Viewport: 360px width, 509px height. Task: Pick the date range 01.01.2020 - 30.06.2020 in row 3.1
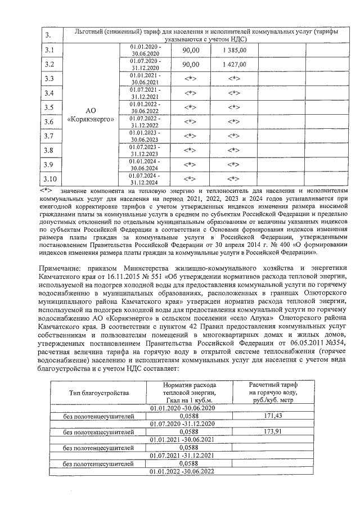pos(145,50)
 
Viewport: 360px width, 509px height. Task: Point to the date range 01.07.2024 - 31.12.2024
pos(145,179)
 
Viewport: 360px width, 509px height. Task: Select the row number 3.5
pos(49,107)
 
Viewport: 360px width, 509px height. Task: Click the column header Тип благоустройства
pos(98,392)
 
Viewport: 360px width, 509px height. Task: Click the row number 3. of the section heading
pos(48,36)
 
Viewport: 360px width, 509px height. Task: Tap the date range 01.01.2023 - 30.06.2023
pos(145,136)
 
